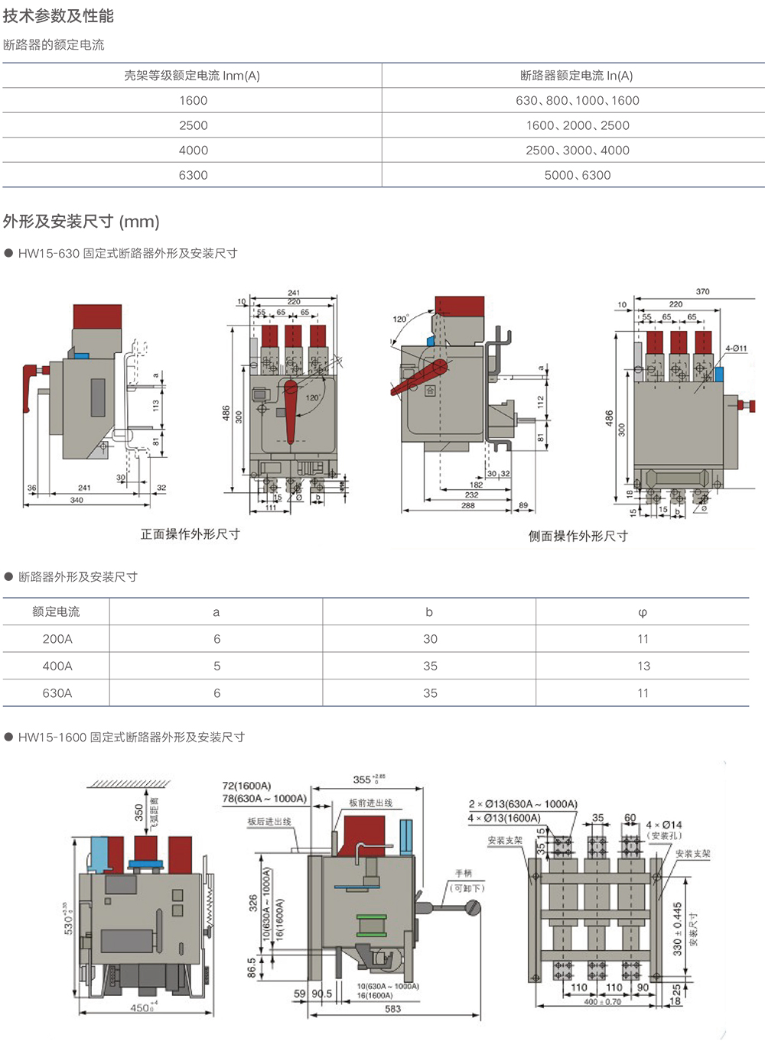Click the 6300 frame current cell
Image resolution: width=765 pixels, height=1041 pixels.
[x=193, y=175]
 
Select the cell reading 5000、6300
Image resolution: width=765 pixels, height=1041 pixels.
[x=577, y=175]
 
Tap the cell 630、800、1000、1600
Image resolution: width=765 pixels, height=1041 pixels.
[x=577, y=100]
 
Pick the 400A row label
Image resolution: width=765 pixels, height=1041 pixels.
[x=57, y=666]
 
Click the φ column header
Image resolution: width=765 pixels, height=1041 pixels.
[x=643, y=612]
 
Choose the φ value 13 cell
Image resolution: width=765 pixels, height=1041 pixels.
[x=643, y=666]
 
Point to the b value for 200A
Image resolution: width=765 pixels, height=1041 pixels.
[x=430, y=639]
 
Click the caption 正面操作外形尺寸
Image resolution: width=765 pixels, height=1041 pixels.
[x=190, y=534]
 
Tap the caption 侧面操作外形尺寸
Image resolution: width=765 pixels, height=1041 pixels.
[x=578, y=536]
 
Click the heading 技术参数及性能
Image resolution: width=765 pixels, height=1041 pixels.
[x=58, y=16]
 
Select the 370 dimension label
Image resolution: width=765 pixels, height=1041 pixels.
[x=702, y=291]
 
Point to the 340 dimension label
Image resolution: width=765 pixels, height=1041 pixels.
[x=76, y=500]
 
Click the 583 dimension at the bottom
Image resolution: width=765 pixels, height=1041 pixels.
[x=392, y=1009]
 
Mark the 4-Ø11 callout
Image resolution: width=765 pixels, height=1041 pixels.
[x=736, y=349]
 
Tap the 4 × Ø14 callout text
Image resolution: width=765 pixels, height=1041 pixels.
[x=663, y=825]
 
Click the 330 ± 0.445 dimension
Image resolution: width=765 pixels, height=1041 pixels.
[x=677, y=929]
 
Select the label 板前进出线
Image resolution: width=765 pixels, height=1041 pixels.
[x=370, y=803]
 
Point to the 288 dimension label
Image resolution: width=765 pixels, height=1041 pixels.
[x=467, y=505]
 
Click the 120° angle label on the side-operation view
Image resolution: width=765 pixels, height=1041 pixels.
[x=400, y=319]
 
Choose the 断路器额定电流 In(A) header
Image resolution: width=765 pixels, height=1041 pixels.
[x=577, y=76]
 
